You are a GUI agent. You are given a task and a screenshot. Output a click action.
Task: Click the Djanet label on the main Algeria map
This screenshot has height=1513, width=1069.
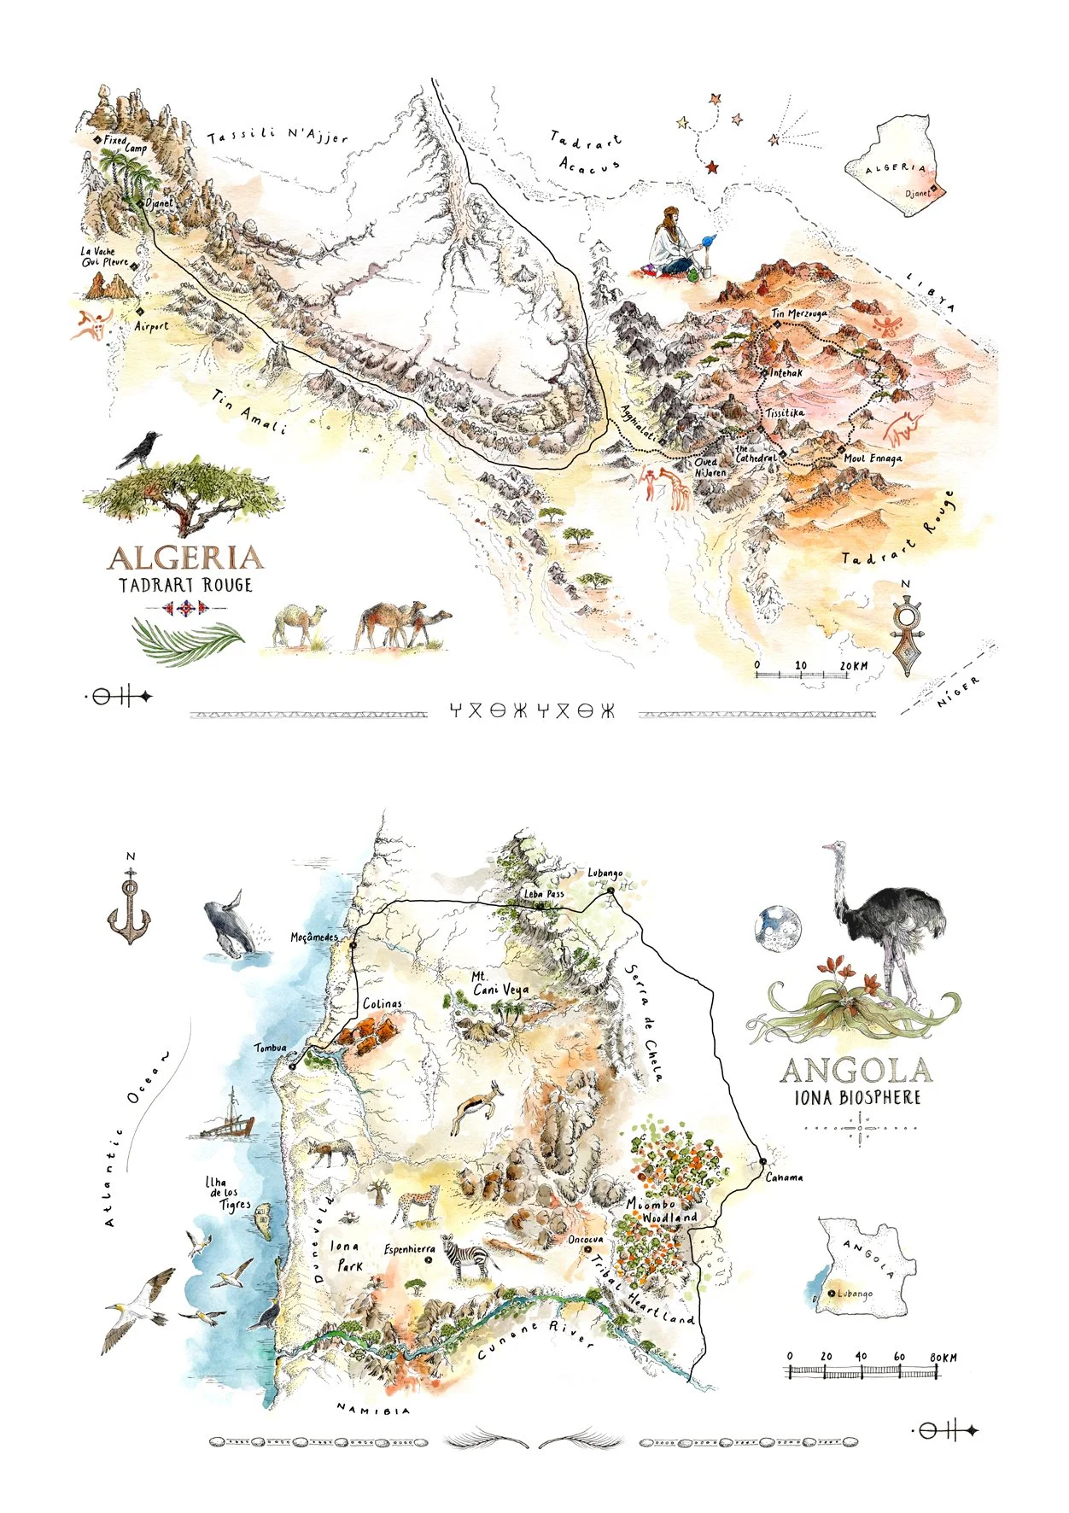[x=160, y=204]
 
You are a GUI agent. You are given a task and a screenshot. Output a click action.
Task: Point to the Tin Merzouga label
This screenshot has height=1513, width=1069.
[x=799, y=314]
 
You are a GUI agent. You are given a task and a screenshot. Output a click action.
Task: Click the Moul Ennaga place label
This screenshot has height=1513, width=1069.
[x=873, y=459]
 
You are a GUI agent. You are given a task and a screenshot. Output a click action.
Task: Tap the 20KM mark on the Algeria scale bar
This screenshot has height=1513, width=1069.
[x=853, y=665]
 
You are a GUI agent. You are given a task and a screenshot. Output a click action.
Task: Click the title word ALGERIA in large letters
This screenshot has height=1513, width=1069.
[x=185, y=558]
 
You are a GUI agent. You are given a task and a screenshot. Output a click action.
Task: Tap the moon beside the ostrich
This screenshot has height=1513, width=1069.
[x=778, y=928]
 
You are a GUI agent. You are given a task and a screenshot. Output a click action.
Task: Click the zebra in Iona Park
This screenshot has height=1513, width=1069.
[x=468, y=1258]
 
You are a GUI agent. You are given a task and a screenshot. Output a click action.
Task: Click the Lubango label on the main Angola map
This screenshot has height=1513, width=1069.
[x=605, y=873]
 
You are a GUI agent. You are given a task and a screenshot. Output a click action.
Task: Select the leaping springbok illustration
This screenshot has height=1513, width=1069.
[x=476, y=1106]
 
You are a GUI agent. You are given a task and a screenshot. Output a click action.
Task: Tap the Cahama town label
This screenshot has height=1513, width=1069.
[x=783, y=1177]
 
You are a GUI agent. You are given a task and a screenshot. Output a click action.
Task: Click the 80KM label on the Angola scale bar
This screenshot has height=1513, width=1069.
[x=943, y=1357]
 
